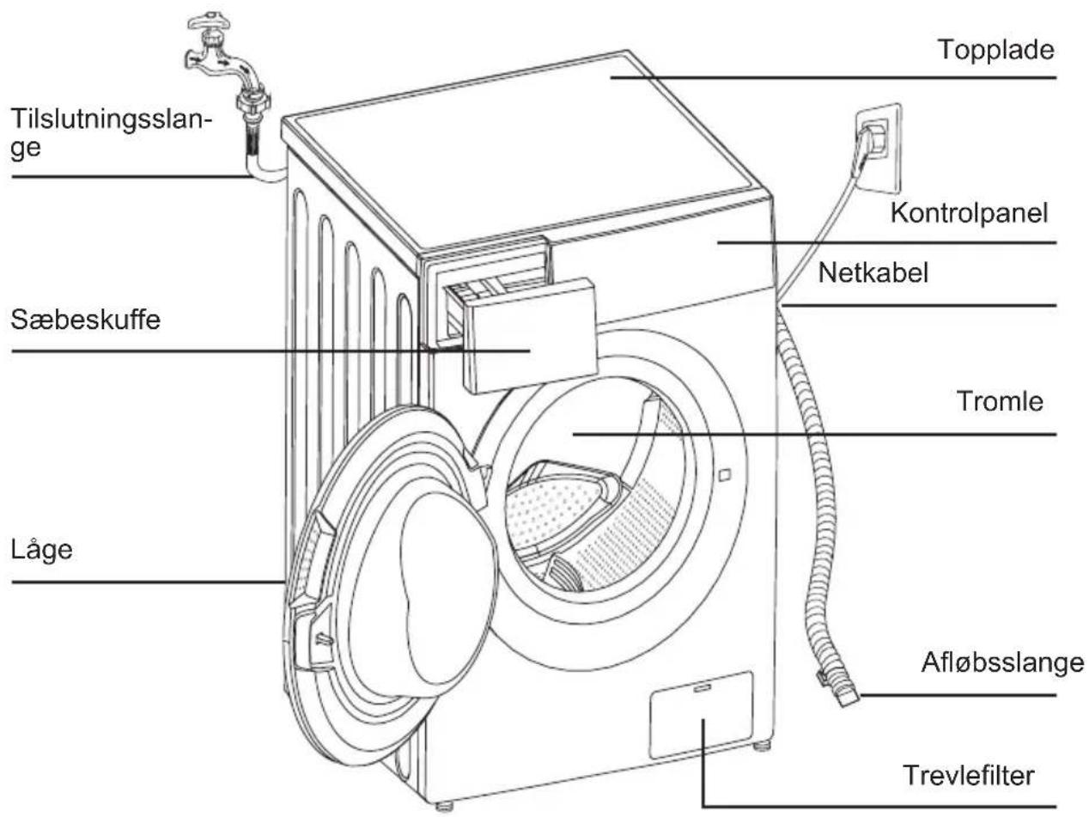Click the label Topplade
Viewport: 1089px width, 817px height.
(x=995, y=50)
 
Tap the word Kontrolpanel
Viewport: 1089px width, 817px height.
(x=969, y=213)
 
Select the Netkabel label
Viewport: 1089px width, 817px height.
(x=873, y=273)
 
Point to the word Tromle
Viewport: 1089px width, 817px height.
(x=1000, y=401)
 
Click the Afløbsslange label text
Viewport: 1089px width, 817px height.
(x=1002, y=662)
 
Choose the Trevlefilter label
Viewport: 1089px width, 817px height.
(x=969, y=775)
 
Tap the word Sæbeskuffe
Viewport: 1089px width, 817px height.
(x=85, y=320)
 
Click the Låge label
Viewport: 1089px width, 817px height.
(x=42, y=550)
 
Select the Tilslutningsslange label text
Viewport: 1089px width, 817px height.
(x=111, y=133)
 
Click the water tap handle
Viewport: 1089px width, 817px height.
(x=209, y=21)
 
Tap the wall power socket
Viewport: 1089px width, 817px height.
(x=878, y=149)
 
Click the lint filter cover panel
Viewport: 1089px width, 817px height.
(x=701, y=715)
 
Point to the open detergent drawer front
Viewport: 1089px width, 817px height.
(x=530, y=336)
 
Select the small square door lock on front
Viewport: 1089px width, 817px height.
(x=724, y=475)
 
